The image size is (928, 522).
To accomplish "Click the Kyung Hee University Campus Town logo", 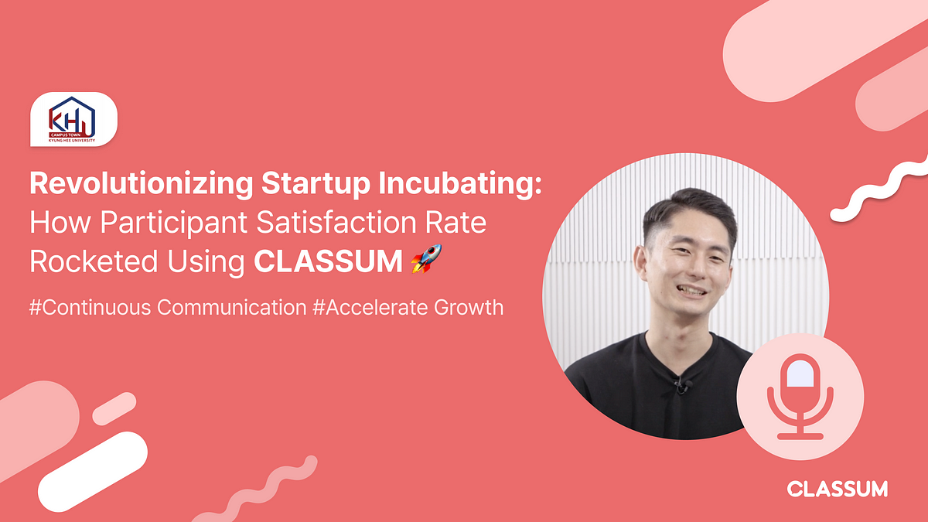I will click(x=73, y=120).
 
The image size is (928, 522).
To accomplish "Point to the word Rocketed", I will click(x=92, y=261).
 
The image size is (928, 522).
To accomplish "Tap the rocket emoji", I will click(x=426, y=260).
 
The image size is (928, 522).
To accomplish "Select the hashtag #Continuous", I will click(x=90, y=307).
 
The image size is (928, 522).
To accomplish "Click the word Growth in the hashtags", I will click(x=467, y=307).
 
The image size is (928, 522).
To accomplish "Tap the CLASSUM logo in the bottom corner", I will click(x=837, y=489).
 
